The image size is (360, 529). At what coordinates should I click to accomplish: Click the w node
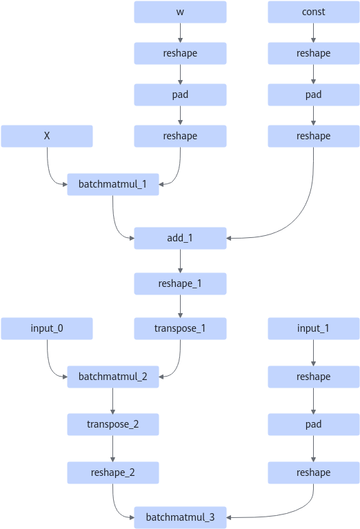point(180,12)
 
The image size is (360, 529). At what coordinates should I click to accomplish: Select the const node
point(314,12)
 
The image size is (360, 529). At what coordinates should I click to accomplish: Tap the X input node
point(47,137)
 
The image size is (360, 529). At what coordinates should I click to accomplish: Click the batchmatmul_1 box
point(113,185)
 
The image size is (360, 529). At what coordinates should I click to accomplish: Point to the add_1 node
point(180,238)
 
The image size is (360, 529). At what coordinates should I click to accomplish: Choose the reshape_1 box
point(180,283)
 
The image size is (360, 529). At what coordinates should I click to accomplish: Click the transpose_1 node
point(180,328)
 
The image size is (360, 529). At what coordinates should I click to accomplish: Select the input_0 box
point(47,328)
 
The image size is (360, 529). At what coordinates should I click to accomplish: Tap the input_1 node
point(314,328)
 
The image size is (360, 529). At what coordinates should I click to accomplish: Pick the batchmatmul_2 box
point(113,377)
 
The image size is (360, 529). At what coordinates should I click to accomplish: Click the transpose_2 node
point(113,424)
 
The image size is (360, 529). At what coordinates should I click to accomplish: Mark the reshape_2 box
point(113,472)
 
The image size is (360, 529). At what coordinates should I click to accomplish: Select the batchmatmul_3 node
point(180,517)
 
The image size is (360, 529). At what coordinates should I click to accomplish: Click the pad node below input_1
point(314,424)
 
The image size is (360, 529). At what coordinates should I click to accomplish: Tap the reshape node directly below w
point(180,53)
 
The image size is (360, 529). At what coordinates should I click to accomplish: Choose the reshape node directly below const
point(314,53)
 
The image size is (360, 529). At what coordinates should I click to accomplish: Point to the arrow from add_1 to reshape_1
point(180,261)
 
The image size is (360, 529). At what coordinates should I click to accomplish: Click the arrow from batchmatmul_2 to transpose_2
point(112,401)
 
